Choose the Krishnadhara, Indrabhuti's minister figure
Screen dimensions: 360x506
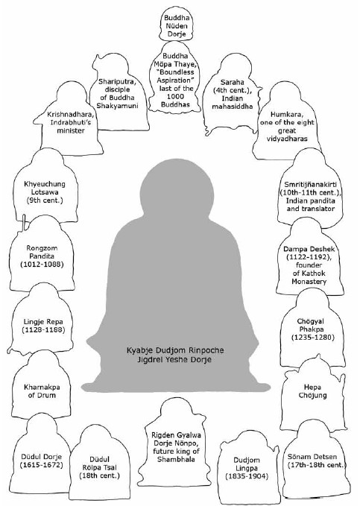tap(70, 118)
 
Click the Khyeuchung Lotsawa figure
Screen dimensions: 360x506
tap(45, 186)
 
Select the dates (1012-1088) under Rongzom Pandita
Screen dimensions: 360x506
tap(42, 265)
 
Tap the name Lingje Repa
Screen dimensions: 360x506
tap(43, 322)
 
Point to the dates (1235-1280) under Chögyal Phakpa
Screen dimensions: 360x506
tap(312, 338)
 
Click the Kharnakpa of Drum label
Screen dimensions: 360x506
tap(42, 391)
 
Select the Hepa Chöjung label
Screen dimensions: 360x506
tap(312, 391)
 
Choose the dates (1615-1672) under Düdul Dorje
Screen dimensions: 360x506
tap(41, 465)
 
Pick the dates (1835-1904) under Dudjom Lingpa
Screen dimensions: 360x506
tap(247, 476)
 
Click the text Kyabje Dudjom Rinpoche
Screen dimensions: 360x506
tap(175, 350)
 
